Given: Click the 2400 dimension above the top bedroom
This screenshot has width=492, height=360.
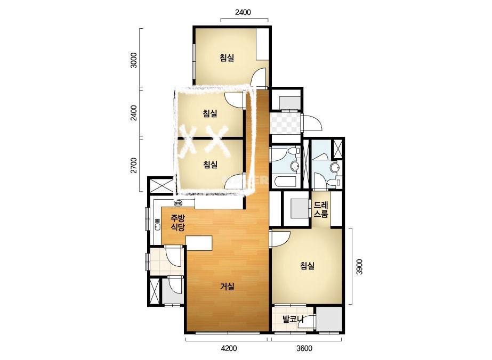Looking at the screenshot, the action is click(x=243, y=12).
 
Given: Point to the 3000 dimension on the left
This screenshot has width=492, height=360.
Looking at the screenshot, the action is click(x=134, y=61).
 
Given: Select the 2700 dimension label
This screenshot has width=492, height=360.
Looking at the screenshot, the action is click(x=134, y=165).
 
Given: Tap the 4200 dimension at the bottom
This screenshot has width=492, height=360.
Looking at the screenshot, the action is click(x=229, y=348).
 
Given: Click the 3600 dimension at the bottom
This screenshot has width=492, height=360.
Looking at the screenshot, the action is click(x=304, y=348).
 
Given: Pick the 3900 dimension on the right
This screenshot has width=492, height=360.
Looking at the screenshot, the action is click(x=360, y=267).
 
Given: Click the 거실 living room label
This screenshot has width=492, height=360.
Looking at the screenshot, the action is click(x=227, y=287).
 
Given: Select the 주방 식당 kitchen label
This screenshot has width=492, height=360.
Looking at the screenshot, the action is click(x=178, y=223).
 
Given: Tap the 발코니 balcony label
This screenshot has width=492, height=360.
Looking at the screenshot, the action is click(x=293, y=320).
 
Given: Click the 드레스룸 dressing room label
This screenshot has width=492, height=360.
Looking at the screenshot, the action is click(x=321, y=210).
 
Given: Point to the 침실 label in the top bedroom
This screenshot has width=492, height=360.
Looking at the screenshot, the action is click(x=227, y=58).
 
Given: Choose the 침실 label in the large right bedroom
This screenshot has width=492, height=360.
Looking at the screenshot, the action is click(x=307, y=266).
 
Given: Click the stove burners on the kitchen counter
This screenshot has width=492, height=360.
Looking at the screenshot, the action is click(x=178, y=203).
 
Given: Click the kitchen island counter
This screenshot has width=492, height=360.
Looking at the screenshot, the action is click(x=199, y=243).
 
